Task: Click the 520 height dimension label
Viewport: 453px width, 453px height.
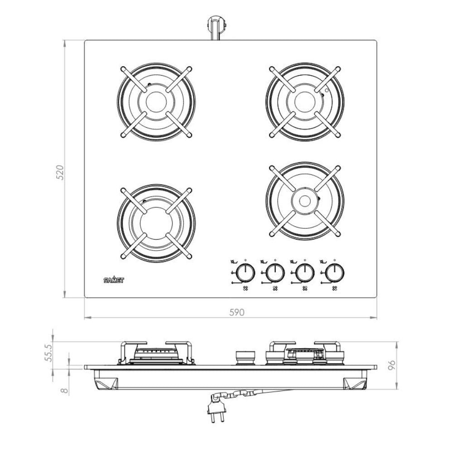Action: (59, 173)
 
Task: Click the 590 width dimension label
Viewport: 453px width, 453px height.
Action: (237, 312)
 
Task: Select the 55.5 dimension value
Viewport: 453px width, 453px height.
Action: (48, 352)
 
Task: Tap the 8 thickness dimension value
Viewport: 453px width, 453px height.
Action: (65, 390)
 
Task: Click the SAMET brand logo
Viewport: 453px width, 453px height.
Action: (114, 280)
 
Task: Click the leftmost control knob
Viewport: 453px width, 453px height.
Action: (245, 272)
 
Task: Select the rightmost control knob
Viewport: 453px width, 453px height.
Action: (335, 272)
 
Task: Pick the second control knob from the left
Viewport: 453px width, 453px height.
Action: (275, 272)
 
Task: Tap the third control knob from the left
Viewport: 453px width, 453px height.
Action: (305, 272)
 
